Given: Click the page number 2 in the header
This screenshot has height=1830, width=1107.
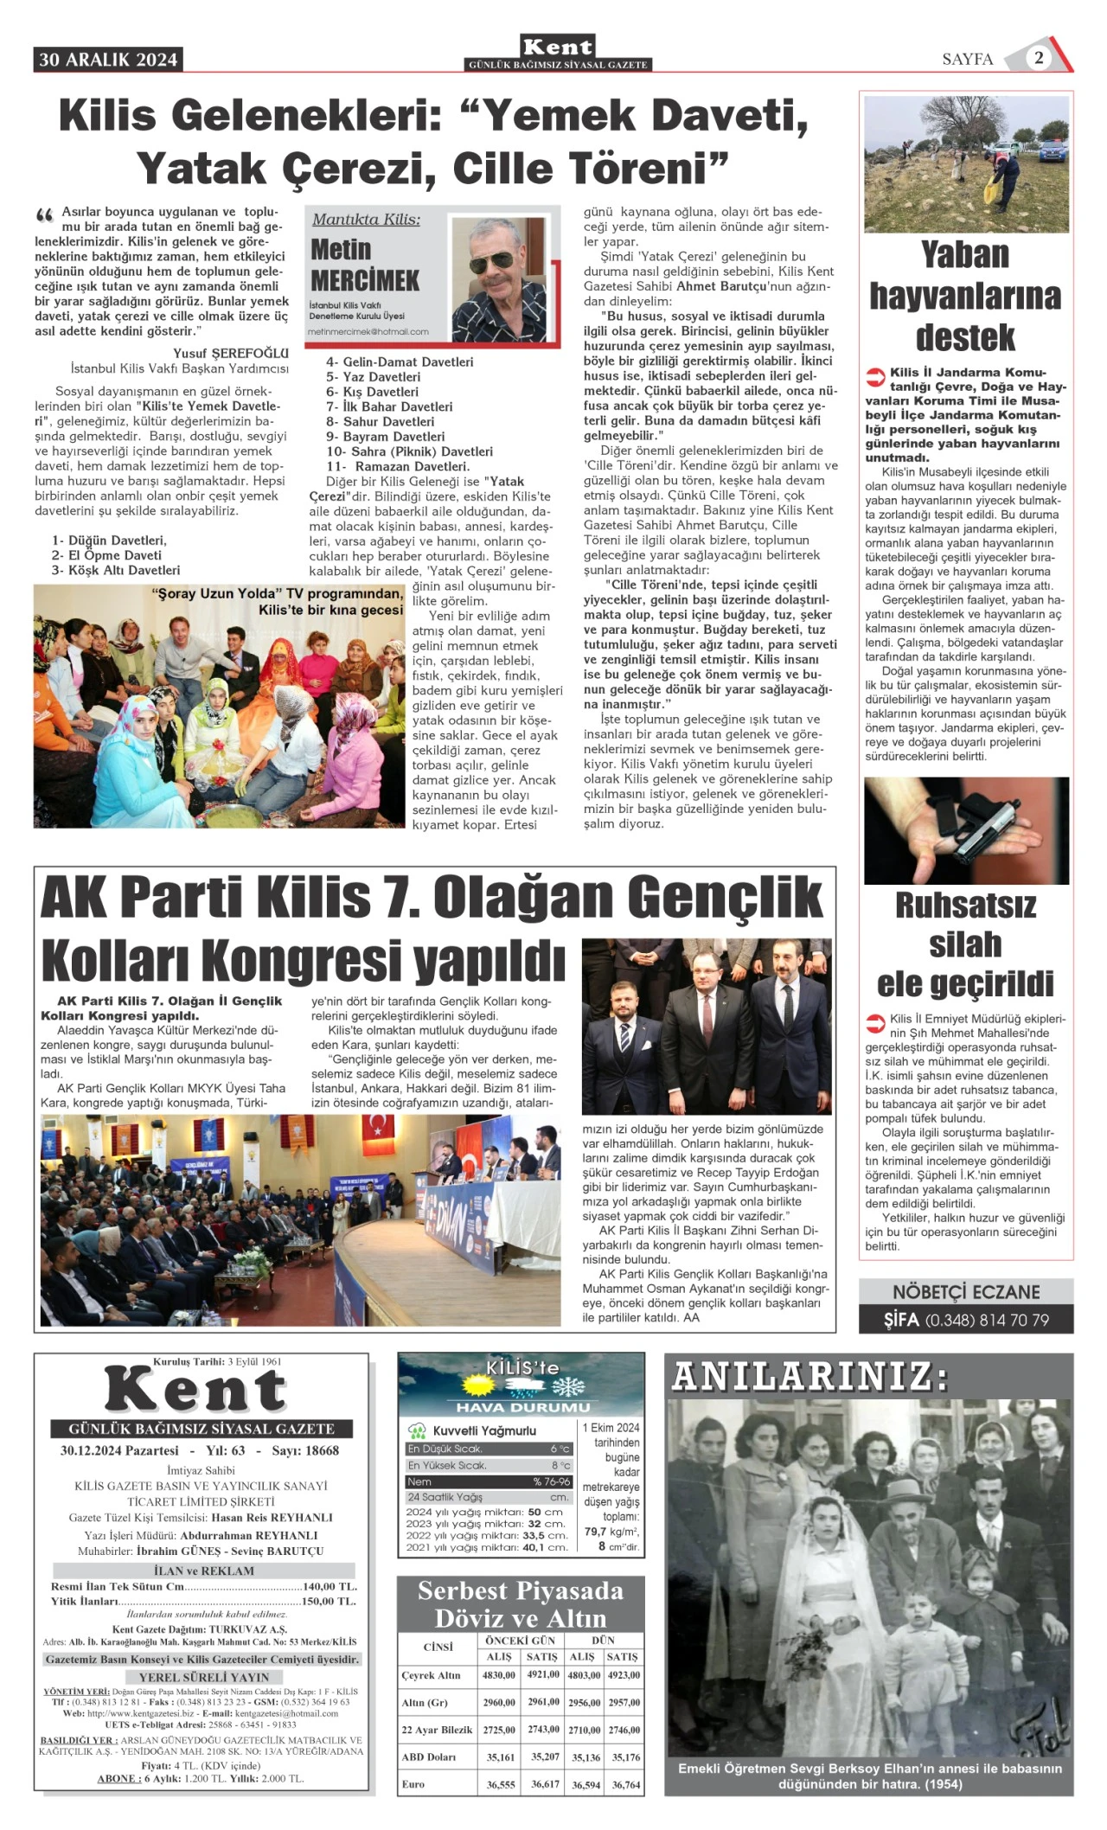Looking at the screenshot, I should (1039, 58).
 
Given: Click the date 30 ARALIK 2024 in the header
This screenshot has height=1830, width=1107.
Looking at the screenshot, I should (108, 60).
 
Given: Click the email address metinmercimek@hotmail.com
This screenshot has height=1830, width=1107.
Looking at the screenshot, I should (368, 332).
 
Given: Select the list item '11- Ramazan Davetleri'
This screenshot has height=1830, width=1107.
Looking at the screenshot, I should (398, 466).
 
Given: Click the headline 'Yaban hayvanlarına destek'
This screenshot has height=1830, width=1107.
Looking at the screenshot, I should (965, 296).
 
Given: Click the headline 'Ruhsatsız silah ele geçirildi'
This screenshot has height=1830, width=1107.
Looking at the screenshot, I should (965, 944).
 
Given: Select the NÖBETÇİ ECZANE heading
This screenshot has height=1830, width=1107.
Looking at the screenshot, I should (966, 1292).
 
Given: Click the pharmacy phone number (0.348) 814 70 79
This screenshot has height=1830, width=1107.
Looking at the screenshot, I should (987, 1321).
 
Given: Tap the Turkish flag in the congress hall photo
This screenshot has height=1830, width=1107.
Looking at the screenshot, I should (377, 1127).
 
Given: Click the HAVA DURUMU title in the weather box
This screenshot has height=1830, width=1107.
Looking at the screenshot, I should (522, 1407).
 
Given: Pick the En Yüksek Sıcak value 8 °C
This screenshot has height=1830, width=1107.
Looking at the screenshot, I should (560, 1466).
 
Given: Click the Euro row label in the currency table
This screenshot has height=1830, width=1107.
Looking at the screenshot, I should (413, 1783).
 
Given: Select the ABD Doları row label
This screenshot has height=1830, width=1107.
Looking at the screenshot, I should (428, 1756).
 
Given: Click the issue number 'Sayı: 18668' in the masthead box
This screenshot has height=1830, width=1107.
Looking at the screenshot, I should (304, 1450).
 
